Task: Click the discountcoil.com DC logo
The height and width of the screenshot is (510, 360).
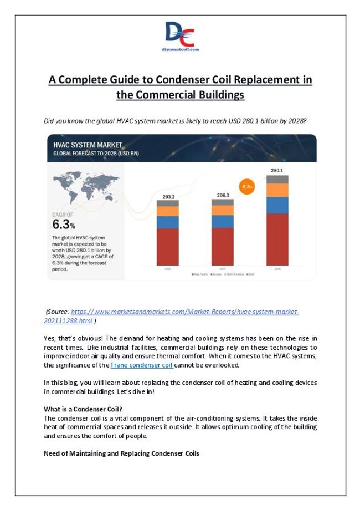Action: point(180,37)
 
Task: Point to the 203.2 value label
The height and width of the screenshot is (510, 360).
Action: point(167,197)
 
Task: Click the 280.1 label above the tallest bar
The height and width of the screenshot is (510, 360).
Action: point(277,170)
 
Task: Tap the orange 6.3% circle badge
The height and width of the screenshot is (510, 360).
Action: point(246,187)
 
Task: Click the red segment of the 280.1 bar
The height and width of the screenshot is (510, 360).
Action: point(277,239)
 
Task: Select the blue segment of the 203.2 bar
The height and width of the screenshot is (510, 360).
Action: point(167,222)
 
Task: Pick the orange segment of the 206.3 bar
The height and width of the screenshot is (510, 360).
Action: point(222,210)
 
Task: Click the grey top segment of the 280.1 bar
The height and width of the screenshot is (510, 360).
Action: point(277,179)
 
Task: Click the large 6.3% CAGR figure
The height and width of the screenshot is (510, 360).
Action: point(64,225)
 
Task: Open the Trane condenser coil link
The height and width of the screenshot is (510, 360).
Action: point(142,365)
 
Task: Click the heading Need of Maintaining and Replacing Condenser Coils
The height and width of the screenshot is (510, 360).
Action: point(121,453)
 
